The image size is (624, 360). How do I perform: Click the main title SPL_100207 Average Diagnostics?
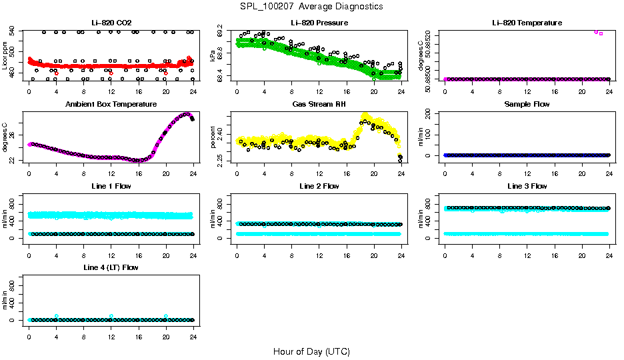click(x=312, y=6)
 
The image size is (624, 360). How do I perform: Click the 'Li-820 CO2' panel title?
click(x=111, y=23)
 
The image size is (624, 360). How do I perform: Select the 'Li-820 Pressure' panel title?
click(x=319, y=23)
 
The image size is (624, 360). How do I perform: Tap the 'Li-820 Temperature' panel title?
click(x=527, y=23)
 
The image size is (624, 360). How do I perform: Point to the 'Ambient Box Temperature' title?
click(x=111, y=104)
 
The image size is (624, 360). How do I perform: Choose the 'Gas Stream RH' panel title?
click(x=319, y=104)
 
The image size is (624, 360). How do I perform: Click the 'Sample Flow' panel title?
click(x=527, y=104)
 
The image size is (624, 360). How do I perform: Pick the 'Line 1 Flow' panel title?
click(x=111, y=186)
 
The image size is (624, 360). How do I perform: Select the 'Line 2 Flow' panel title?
click(x=319, y=186)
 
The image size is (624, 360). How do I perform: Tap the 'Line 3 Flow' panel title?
click(x=527, y=186)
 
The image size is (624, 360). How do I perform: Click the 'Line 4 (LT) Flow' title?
click(x=111, y=267)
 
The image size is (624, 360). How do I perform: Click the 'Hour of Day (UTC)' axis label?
click(x=311, y=351)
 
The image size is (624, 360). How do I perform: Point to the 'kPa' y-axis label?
click(x=213, y=55)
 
